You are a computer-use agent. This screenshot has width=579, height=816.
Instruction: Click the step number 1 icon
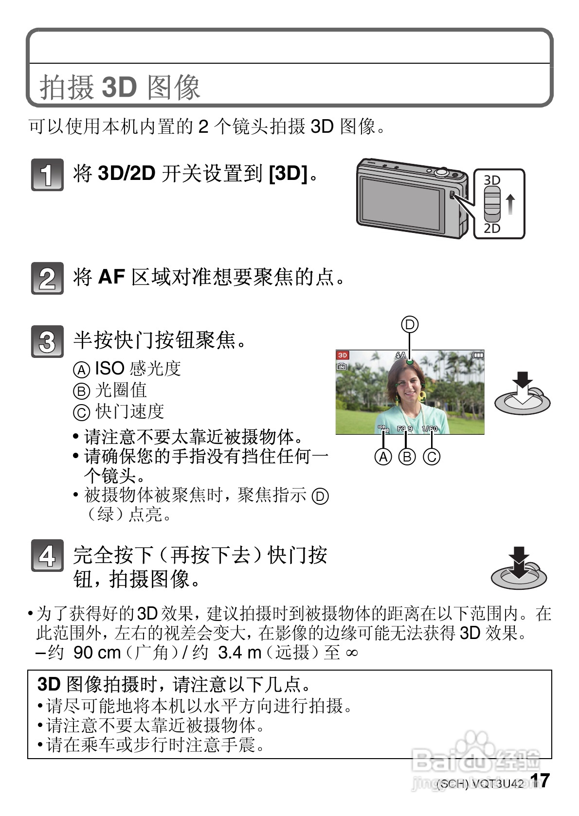47,174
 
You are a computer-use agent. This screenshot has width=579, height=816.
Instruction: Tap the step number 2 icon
47,278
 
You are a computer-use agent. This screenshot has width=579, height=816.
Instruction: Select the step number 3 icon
47,341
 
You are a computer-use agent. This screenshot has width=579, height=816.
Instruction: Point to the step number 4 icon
47,555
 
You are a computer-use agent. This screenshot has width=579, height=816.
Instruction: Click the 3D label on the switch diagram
492,180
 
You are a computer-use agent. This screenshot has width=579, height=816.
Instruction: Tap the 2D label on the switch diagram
492,228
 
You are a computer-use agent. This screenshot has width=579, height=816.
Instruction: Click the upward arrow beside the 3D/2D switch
510,204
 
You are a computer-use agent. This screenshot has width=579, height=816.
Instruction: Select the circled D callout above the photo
410,324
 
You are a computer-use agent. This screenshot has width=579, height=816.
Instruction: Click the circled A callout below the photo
383,457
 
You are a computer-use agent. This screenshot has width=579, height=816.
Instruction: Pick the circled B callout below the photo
407,457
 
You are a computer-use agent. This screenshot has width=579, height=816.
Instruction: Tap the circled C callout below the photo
432,457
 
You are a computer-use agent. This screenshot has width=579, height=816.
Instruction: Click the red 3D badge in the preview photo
343,355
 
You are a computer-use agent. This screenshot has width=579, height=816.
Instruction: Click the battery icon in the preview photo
478,355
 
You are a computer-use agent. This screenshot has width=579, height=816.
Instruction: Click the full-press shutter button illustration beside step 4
519,569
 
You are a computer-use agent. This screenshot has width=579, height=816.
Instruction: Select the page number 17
540,781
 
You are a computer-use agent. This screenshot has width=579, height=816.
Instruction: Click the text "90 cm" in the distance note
97,652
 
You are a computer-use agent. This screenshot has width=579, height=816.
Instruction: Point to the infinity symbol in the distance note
351,653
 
